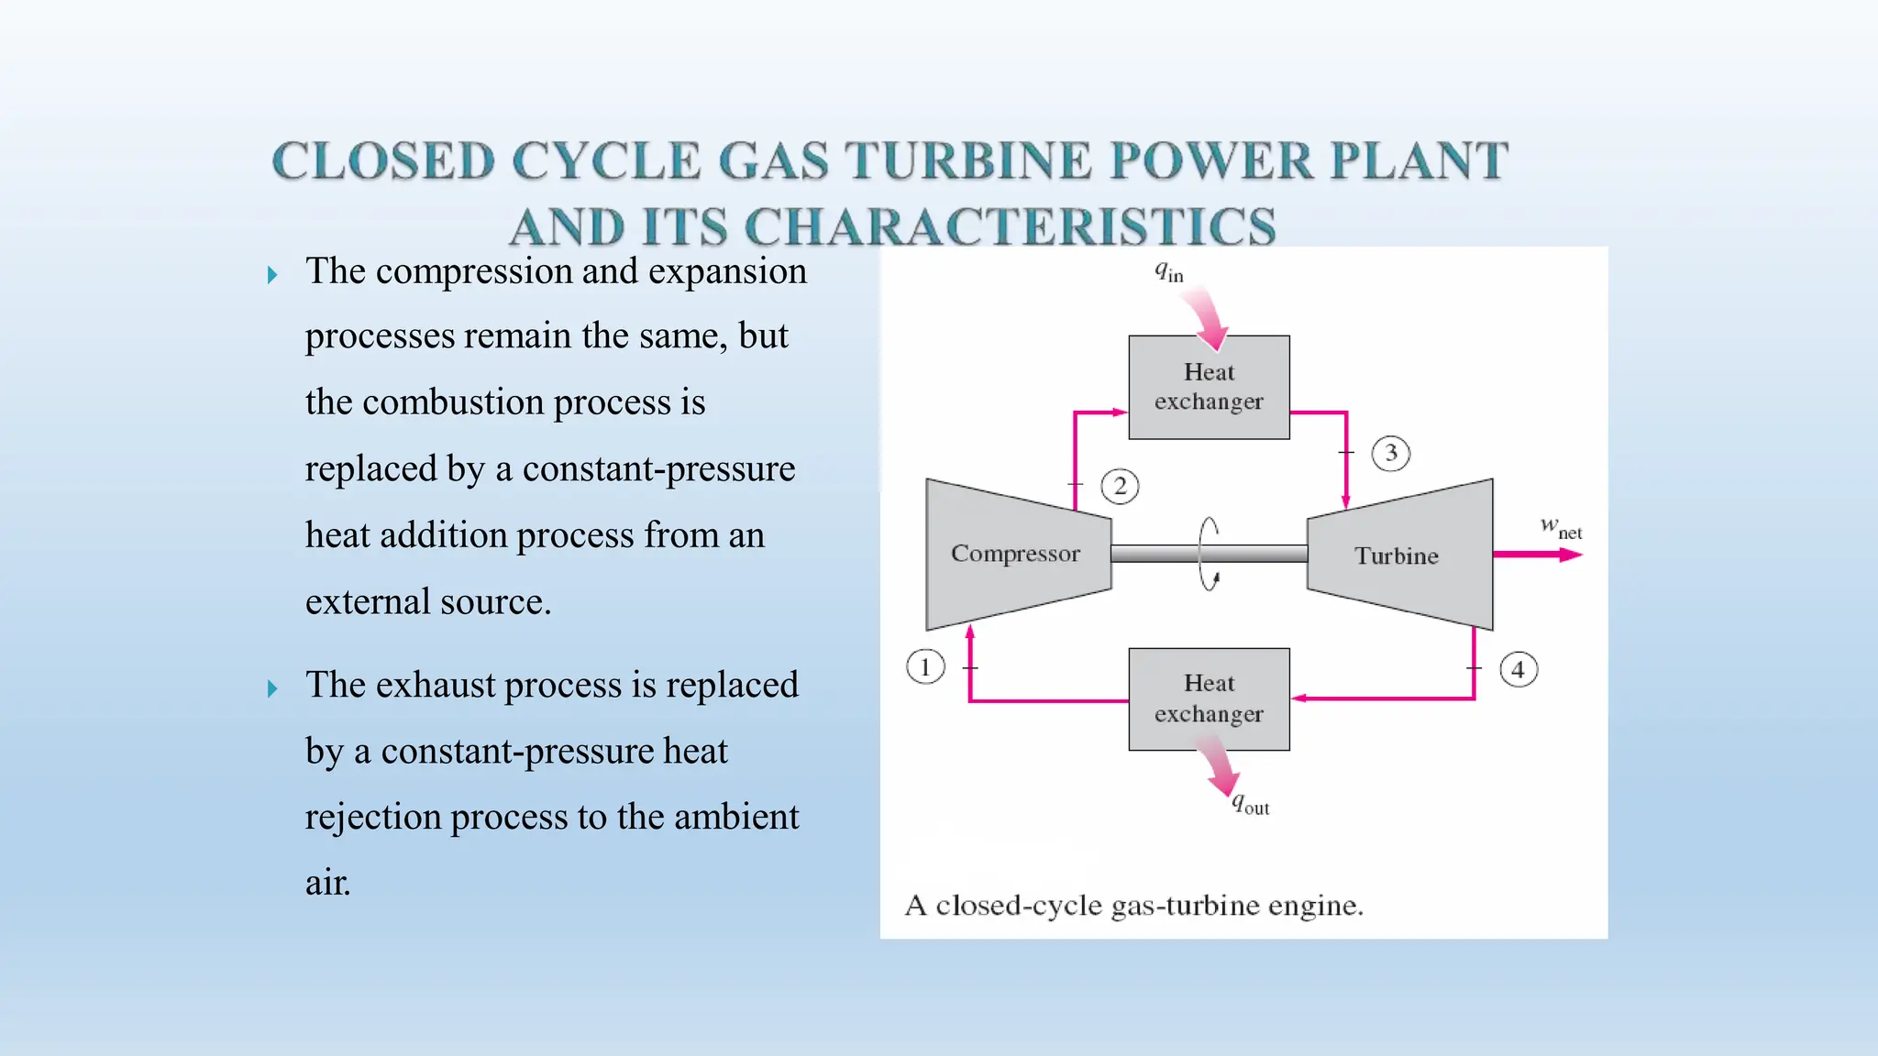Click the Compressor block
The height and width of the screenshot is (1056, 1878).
pyautogui.click(x=1016, y=554)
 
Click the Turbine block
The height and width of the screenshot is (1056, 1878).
pyautogui.click(x=1397, y=555)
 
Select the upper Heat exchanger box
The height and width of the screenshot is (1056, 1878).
pyautogui.click(x=1209, y=387)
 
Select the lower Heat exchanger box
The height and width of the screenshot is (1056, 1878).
pyautogui.click(x=1209, y=699)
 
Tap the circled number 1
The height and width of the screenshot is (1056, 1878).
pyautogui.click(x=924, y=666)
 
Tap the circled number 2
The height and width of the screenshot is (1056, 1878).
pyautogui.click(x=1120, y=486)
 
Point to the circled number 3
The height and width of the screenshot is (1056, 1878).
pyautogui.click(x=1390, y=453)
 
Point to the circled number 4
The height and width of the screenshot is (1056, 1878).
pyautogui.click(x=1518, y=669)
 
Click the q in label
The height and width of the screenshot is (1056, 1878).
pyautogui.click(x=1168, y=271)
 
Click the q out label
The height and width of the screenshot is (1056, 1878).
pyautogui.click(x=1250, y=805)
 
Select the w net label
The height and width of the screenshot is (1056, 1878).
pyautogui.click(x=1561, y=528)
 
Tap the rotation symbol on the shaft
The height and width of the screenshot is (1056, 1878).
pyautogui.click(x=1210, y=554)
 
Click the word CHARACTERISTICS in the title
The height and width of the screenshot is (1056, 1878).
pyautogui.click(x=1010, y=226)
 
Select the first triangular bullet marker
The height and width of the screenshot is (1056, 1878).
pyautogui.click(x=271, y=275)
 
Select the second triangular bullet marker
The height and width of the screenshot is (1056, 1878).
pyautogui.click(x=271, y=688)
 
